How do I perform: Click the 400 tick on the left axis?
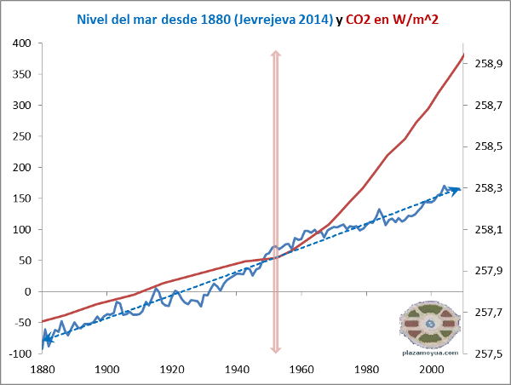[x=23, y=43]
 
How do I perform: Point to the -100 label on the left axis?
[x=21, y=353]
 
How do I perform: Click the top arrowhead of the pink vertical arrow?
[x=275, y=54]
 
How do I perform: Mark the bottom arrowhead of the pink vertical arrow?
[x=275, y=348]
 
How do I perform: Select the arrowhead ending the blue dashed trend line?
[x=456, y=189]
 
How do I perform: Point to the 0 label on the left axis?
[x=27, y=291]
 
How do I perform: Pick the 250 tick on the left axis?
[x=23, y=136]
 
